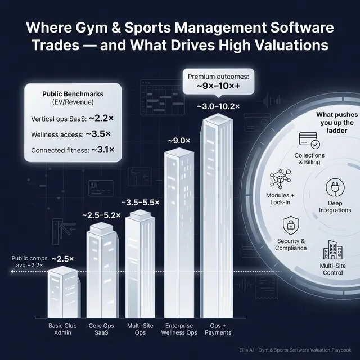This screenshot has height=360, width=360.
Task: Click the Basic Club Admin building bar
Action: point(62,292)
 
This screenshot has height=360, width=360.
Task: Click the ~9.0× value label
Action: point(179,140)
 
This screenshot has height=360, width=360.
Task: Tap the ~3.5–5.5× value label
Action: point(141,202)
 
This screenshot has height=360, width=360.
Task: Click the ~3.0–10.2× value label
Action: point(218,106)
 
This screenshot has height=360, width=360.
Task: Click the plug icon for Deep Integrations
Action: point(335,188)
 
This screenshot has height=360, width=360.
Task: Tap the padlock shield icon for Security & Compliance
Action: point(291,226)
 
